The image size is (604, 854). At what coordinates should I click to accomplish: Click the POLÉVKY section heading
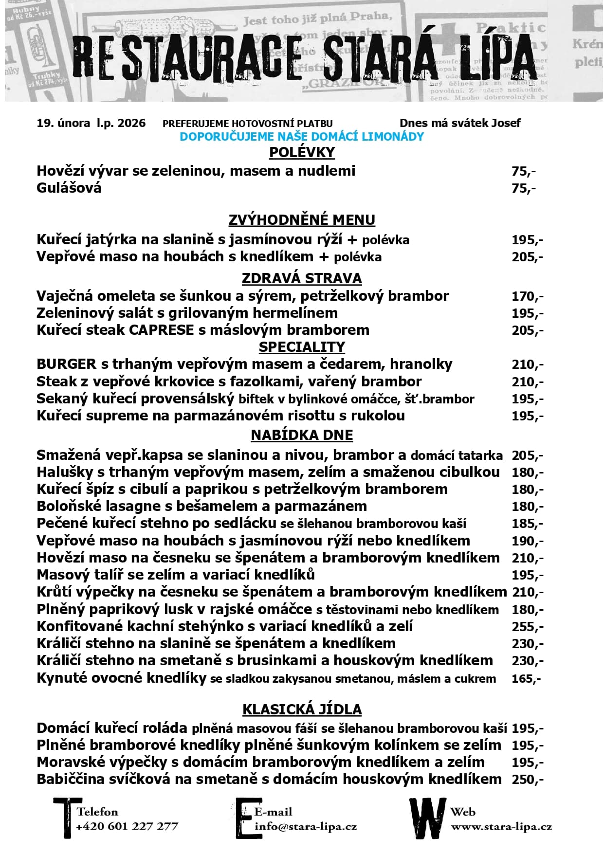302,152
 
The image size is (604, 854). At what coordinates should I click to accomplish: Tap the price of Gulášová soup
524,188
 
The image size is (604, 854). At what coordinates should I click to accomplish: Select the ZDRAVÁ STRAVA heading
302,278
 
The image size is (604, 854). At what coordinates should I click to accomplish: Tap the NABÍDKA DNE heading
302,435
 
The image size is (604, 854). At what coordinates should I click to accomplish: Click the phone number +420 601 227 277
127,826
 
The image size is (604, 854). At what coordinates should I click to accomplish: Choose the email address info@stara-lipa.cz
306,826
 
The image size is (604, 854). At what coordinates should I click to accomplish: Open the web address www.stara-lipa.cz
501,826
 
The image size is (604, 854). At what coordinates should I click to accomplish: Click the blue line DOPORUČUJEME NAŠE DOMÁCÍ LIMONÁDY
302,137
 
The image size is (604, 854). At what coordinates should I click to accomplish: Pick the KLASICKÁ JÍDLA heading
302,709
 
